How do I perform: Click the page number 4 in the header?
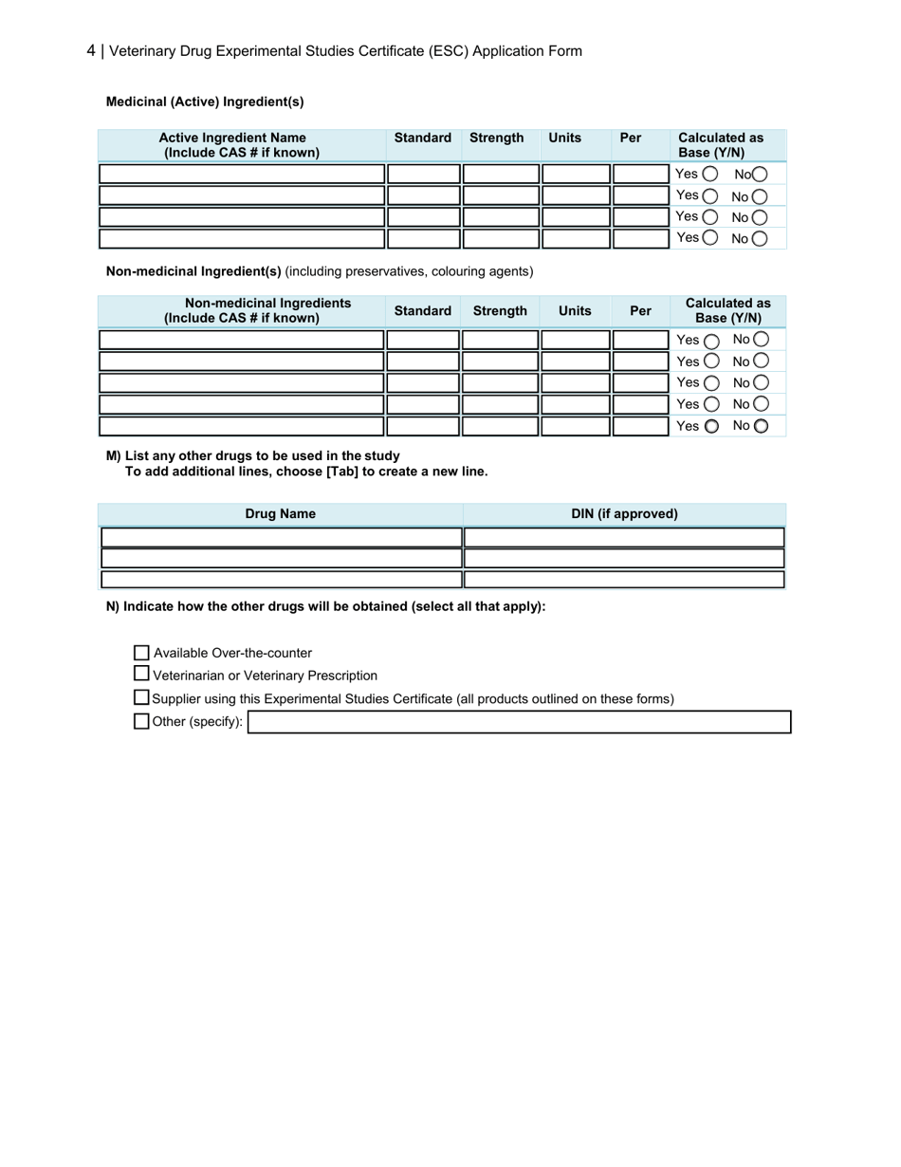point(91,51)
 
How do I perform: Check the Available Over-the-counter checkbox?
point(142,653)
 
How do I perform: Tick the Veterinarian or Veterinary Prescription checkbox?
point(142,675)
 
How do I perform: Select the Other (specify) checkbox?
point(142,721)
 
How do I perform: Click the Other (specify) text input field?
point(519,722)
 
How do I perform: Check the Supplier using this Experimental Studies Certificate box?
point(142,698)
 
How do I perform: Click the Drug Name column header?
point(280,514)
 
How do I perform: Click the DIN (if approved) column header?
point(624,514)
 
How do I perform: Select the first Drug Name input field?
point(281,538)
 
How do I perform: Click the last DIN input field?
point(624,580)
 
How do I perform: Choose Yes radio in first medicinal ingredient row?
point(710,175)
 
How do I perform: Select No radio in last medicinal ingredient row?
point(759,239)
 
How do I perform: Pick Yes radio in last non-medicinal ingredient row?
point(711,427)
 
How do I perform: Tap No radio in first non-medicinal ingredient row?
point(761,340)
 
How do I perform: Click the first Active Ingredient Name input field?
point(242,174)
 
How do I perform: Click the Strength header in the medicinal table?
point(496,138)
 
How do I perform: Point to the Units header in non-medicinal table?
point(575,310)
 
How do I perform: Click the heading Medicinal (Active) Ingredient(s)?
point(205,102)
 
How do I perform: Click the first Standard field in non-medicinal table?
point(423,340)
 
